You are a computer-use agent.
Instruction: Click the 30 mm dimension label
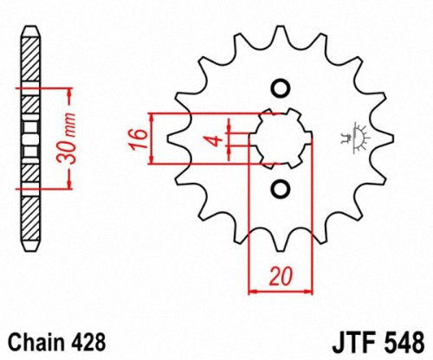tap(74, 138)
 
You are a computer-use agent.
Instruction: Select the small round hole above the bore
tap(280, 87)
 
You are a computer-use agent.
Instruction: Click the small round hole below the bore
tap(280, 188)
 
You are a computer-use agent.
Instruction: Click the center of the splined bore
tap(280, 138)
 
